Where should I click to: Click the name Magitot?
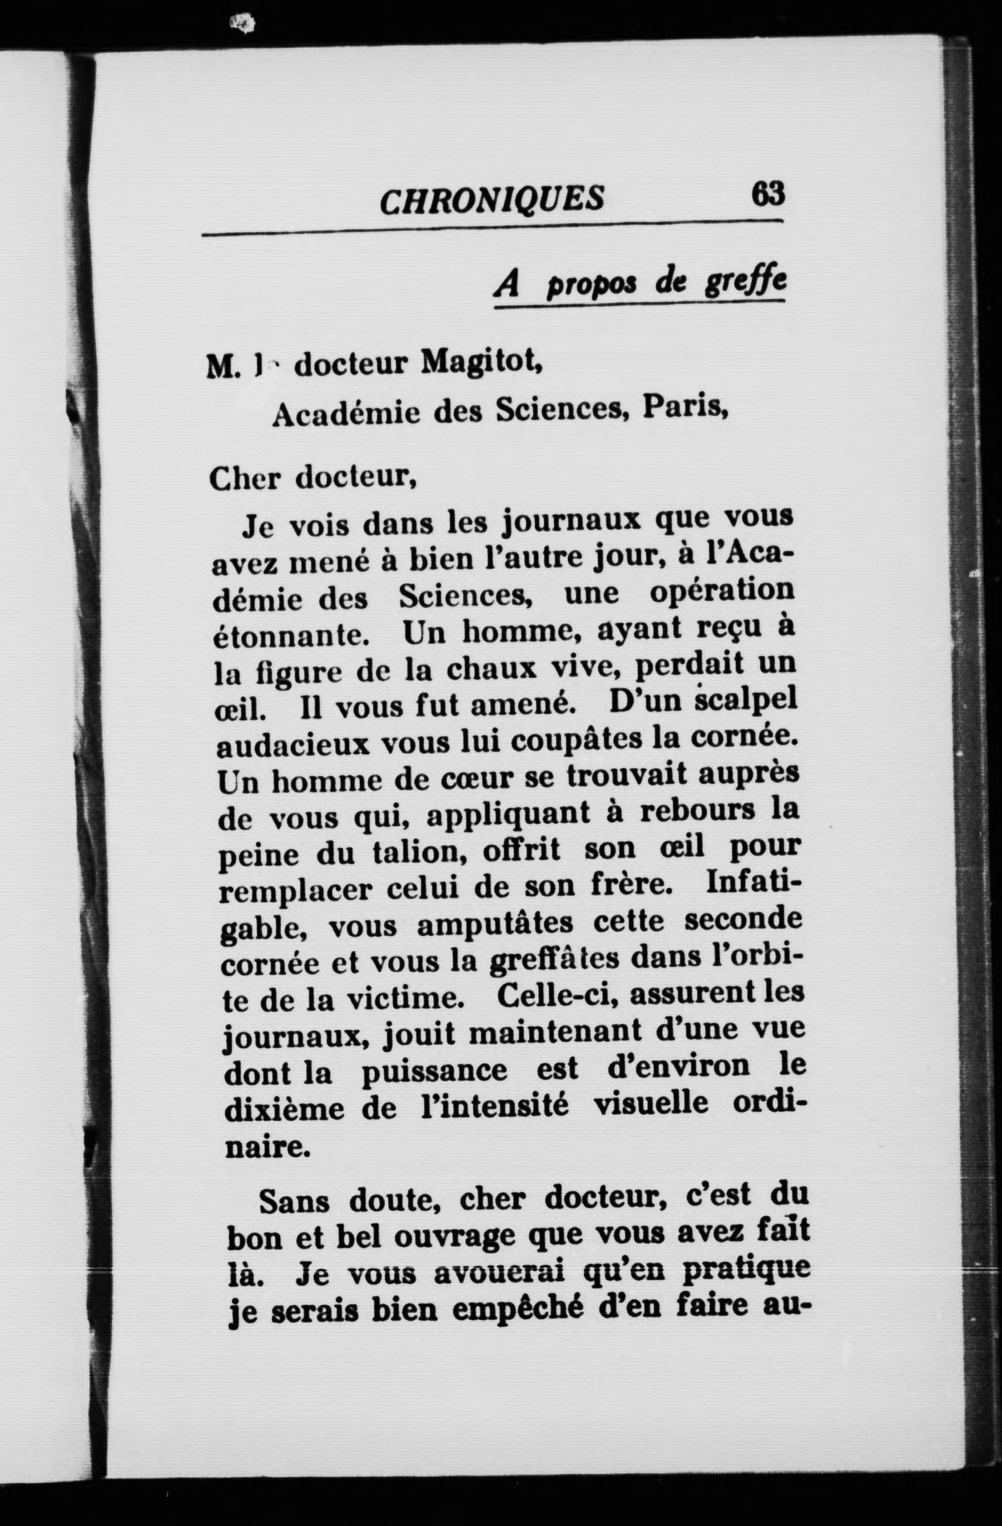pyautogui.click(x=482, y=363)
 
